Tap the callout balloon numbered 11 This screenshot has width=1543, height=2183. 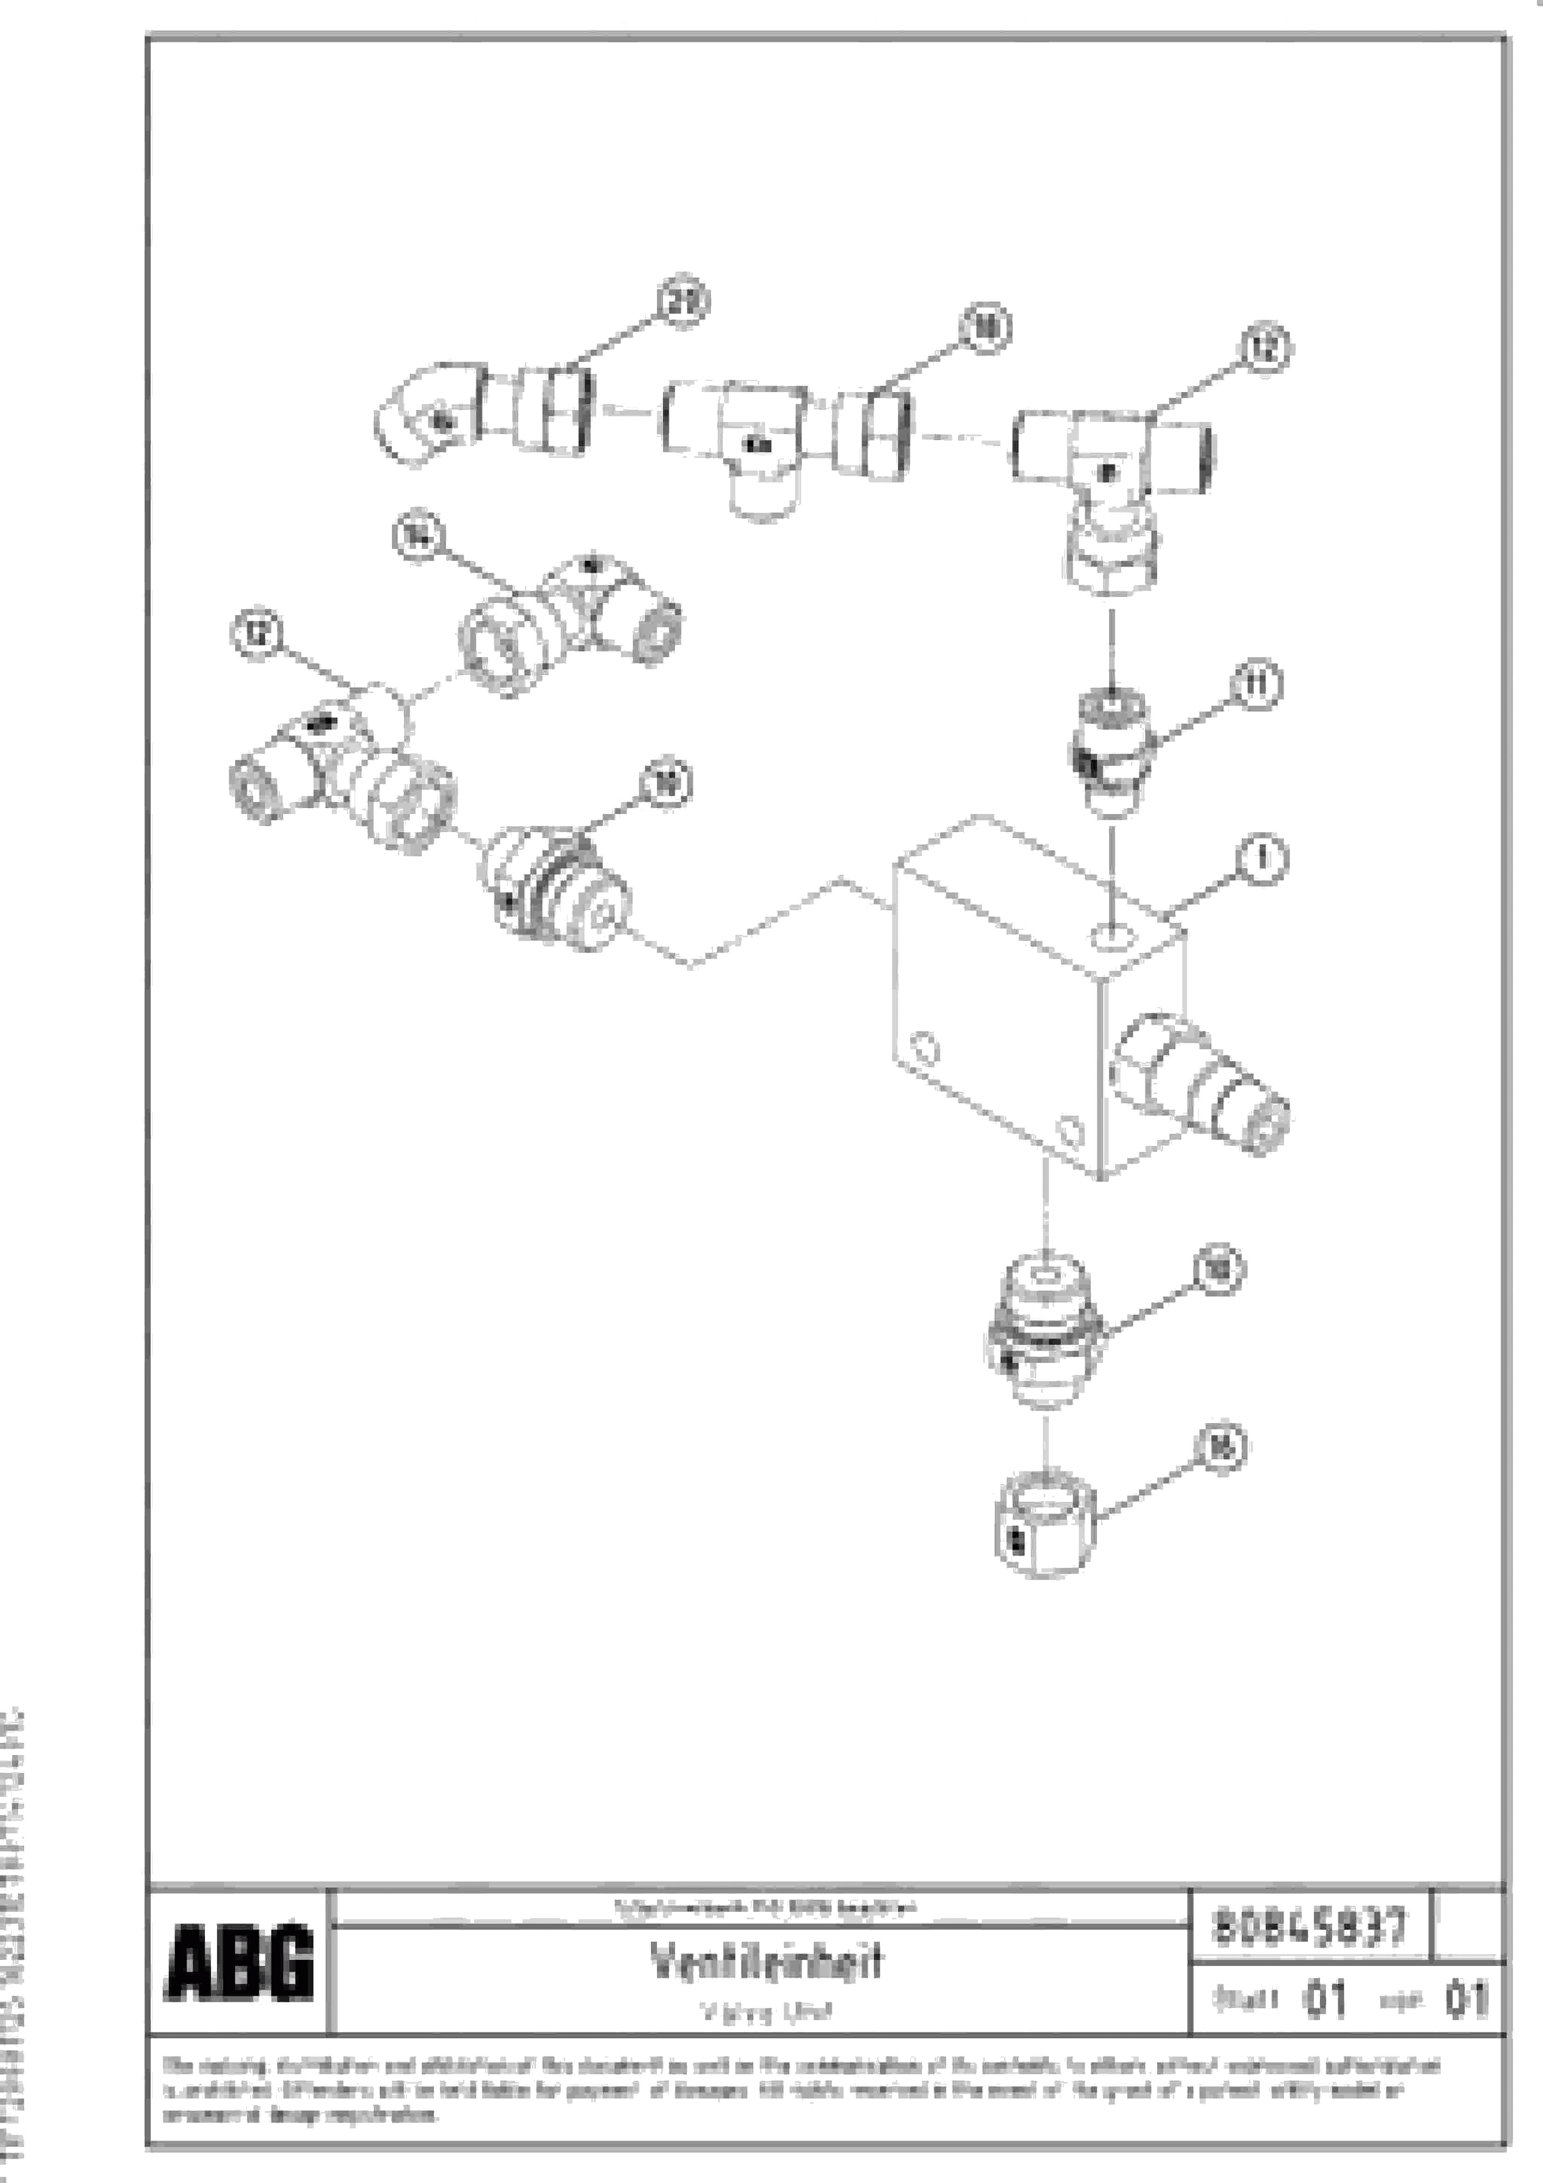(x=1257, y=685)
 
